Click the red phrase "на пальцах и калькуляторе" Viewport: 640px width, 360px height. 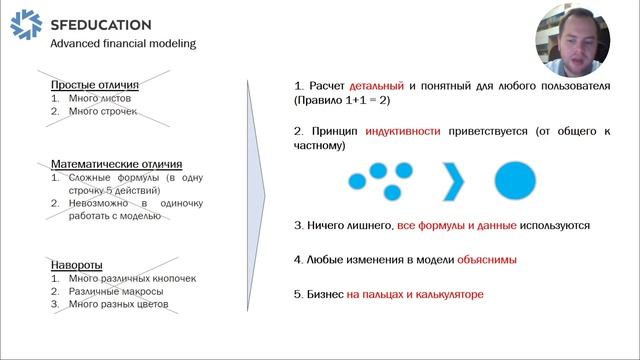415,295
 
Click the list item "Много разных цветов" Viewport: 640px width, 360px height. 118,304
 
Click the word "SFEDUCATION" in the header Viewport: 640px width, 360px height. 100,25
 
